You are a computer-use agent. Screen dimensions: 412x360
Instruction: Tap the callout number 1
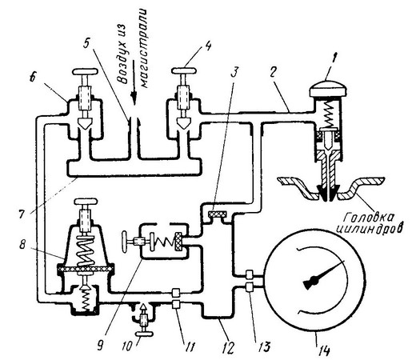[332, 59]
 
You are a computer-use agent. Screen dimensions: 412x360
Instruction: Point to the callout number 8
[22, 244]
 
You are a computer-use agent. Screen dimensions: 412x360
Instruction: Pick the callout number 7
[23, 214]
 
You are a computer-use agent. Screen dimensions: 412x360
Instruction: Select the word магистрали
[143, 48]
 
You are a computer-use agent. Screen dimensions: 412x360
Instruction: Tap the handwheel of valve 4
[184, 70]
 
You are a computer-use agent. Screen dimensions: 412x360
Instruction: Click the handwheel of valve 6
[86, 71]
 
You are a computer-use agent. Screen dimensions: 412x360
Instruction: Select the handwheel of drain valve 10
[144, 334]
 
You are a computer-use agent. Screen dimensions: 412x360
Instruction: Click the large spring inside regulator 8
[86, 251]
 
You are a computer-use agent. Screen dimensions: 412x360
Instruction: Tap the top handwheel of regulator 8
[86, 202]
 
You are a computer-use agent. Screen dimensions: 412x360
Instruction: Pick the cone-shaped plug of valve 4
[184, 122]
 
